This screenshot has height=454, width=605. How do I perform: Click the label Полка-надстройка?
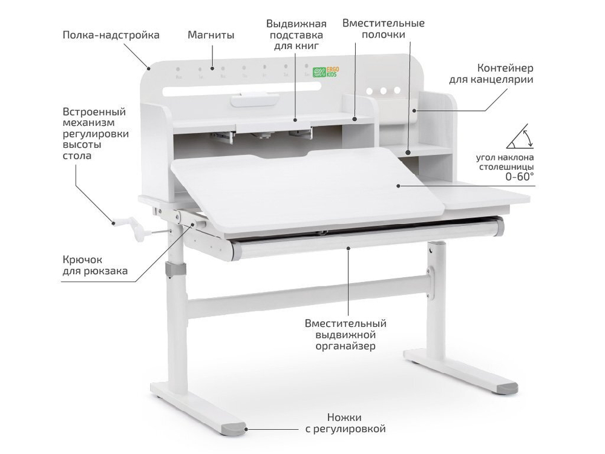click(x=111, y=35)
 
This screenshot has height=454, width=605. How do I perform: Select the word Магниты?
click(x=211, y=35)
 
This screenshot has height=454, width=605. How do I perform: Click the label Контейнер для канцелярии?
click(x=491, y=73)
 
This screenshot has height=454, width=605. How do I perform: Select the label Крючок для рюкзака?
click(x=95, y=265)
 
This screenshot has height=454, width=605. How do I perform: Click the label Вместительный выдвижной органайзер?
click(x=345, y=335)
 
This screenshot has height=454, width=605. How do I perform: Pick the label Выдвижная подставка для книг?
click(x=296, y=35)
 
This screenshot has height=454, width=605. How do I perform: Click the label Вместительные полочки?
click(x=383, y=29)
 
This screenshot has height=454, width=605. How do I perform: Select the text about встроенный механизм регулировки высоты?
click(x=94, y=134)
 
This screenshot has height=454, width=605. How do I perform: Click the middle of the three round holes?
click(x=383, y=91)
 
